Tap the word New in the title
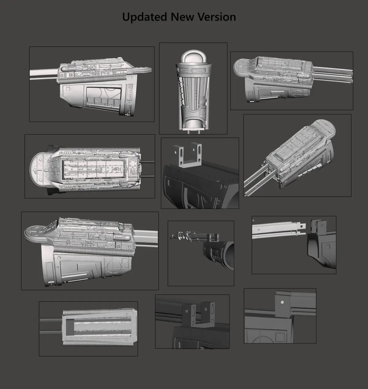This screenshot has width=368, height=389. (x=183, y=17)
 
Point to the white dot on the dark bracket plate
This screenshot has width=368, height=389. (x=282, y=303)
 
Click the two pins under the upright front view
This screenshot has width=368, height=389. (x=193, y=131)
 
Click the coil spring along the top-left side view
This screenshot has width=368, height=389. (x=92, y=79)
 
